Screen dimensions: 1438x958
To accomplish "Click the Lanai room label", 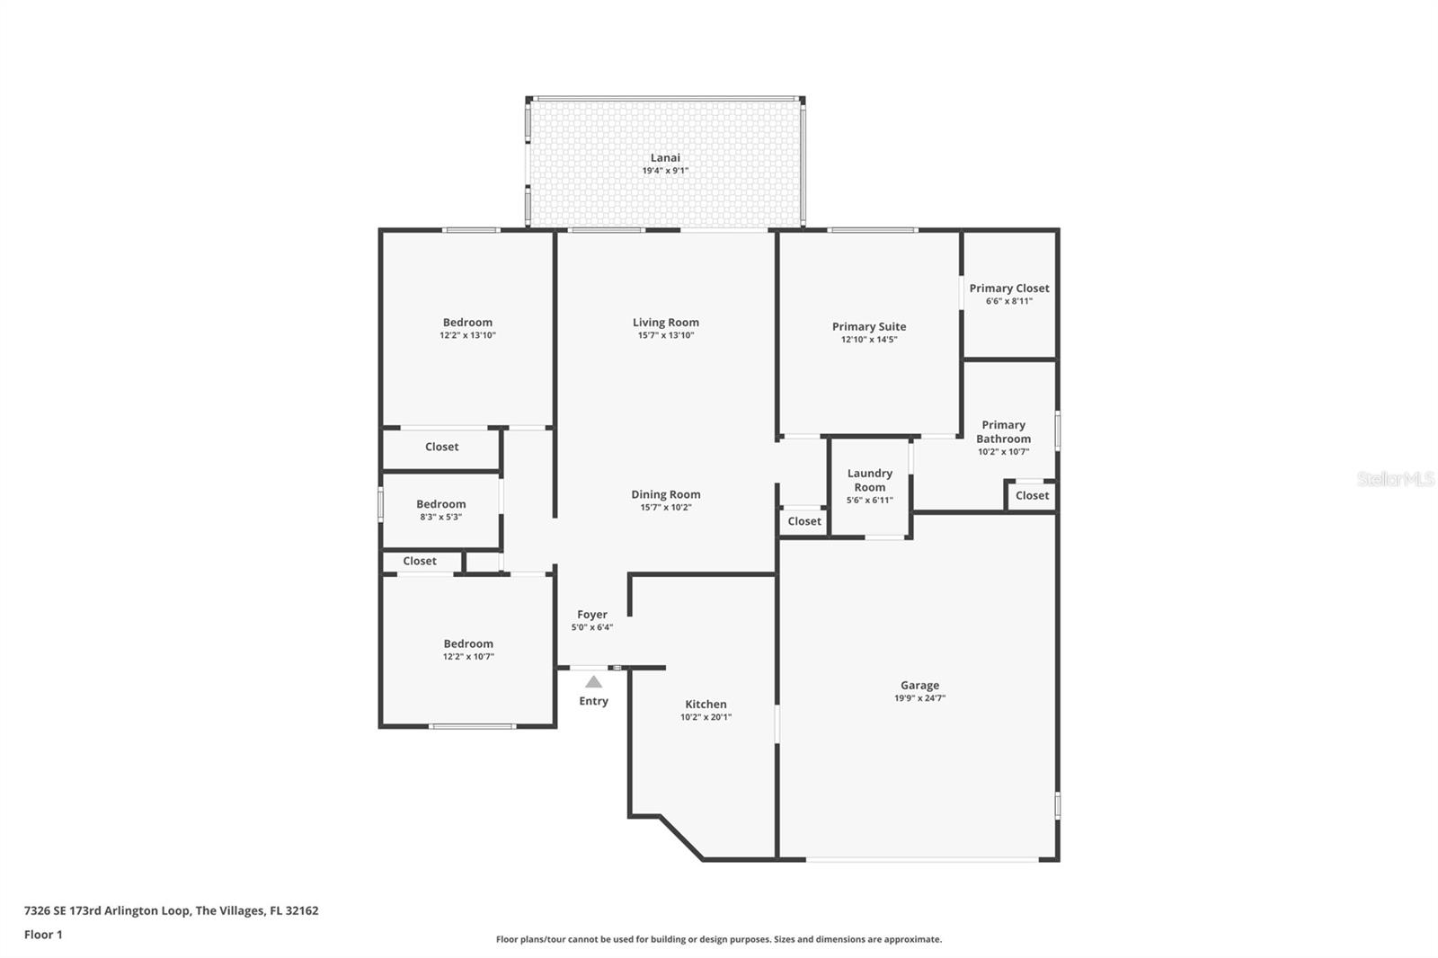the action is (665, 157).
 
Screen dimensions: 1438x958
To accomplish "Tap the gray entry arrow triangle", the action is (594, 682).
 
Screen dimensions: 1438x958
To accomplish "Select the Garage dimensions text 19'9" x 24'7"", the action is (920, 698).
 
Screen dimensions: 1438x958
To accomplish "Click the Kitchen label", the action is (706, 704).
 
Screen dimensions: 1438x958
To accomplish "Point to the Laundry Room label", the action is (870, 480).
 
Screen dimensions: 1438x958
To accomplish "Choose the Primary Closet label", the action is (1009, 288).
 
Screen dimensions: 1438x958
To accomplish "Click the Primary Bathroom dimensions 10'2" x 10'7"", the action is (1003, 451).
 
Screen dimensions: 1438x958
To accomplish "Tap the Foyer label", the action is (592, 615).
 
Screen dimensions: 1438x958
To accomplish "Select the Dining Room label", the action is (666, 494).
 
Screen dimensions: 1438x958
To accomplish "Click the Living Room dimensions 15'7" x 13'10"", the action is (666, 335).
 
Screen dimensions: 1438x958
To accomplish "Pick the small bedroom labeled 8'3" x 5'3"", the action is (441, 504).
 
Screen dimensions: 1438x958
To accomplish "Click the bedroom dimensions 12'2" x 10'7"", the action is (468, 656).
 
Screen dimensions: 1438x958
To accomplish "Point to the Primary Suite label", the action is (869, 327).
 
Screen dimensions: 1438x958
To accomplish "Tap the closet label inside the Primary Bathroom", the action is (1033, 496).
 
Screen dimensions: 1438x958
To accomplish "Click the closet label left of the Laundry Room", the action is (804, 521).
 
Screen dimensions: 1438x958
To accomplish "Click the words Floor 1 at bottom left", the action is (43, 935).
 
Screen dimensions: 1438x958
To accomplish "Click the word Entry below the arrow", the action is (594, 701).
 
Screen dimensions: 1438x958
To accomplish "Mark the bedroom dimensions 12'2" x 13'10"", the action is (468, 335).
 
